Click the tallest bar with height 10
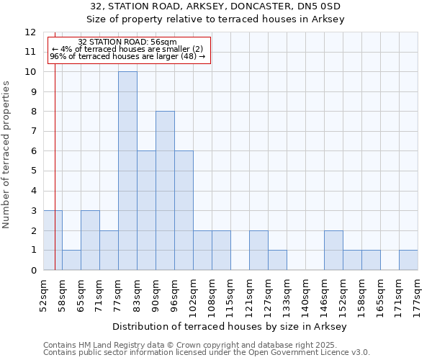point(127,171)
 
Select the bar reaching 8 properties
point(165,191)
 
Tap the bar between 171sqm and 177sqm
point(408,260)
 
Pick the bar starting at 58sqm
point(71,260)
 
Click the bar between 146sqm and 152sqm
point(333,250)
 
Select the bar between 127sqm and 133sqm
point(277,260)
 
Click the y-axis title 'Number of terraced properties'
point(6,154)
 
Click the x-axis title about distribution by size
point(230,326)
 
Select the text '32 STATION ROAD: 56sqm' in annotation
point(127,42)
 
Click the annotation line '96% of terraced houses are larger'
point(127,56)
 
